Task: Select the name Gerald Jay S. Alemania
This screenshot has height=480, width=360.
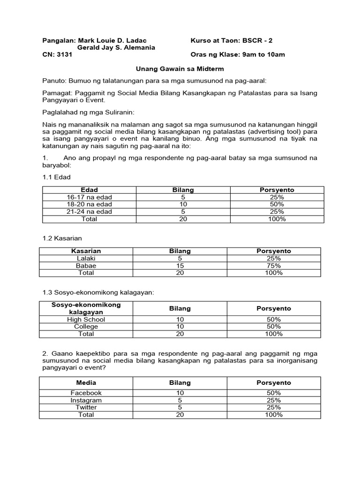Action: [x=116, y=48]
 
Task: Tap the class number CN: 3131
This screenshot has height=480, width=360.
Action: [x=57, y=55]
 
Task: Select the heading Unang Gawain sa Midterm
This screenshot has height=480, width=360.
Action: [x=180, y=69]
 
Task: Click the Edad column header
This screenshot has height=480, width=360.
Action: [x=89, y=190]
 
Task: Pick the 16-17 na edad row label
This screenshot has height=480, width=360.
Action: [x=89, y=197]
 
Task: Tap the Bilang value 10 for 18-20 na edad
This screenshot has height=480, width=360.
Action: [x=183, y=204]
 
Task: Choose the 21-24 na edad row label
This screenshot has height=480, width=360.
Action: [x=89, y=212]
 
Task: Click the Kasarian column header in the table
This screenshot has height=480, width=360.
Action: [x=86, y=251]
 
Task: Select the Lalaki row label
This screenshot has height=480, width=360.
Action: [x=86, y=258]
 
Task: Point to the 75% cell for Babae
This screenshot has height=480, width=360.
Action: [x=274, y=266]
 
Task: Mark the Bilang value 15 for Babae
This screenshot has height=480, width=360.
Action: [x=180, y=266]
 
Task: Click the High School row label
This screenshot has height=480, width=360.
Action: [x=86, y=320]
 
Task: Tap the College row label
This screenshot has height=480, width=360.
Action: [x=86, y=327]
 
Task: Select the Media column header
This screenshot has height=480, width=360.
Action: [x=86, y=383]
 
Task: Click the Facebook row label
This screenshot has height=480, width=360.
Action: [x=86, y=393]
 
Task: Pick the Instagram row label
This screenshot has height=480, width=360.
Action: [x=86, y=400]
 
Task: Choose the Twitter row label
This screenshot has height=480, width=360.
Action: [x=86, y=407]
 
